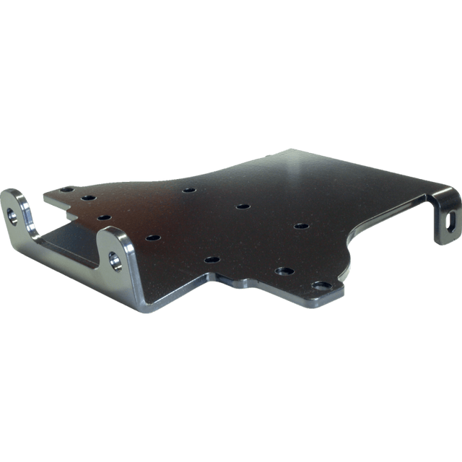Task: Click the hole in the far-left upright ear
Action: pos(13,214)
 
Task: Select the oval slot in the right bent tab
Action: pos(452,222)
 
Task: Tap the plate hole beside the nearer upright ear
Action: pos(152,237)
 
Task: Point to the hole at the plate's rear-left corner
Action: pos(66,189)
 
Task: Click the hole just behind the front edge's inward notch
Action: pos(212,259)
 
